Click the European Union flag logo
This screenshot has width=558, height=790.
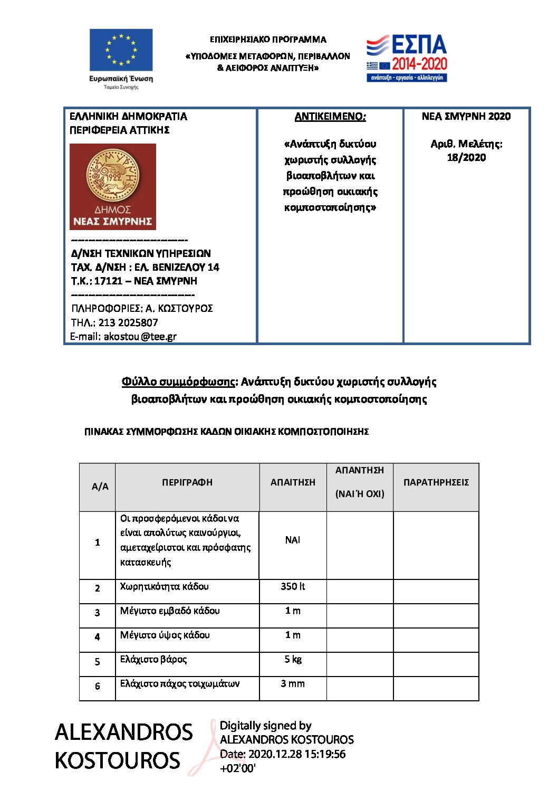(x=121, y=50)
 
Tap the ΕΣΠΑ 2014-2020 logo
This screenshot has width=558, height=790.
(x=407, y=58)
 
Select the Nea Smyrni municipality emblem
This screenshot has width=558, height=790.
(x=113, y=186)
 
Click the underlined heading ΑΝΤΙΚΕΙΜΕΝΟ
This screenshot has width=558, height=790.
(x=330, y=117)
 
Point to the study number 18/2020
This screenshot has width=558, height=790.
(x=466, y=157)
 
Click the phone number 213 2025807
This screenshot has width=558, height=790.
(x=128, y=322)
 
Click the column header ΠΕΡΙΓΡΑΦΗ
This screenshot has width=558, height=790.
(x=187, y=482)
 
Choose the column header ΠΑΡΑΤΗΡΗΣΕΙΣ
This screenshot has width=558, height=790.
(x=436, y=482)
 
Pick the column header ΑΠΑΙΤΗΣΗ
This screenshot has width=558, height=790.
(x=293, y=482)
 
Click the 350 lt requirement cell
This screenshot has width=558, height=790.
(x=293, y=586)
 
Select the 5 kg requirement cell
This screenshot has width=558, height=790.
(x=293, y=659)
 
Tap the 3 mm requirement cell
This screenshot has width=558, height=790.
(x=293, y=683)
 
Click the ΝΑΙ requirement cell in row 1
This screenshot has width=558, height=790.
(x=293, y=540)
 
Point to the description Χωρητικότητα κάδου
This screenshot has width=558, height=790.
(x=164, y=586)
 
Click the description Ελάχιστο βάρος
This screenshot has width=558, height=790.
(x=153, y=659)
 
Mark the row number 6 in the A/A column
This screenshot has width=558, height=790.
(x=98, y=686)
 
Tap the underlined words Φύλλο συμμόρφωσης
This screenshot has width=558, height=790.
(x=178, y=382)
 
